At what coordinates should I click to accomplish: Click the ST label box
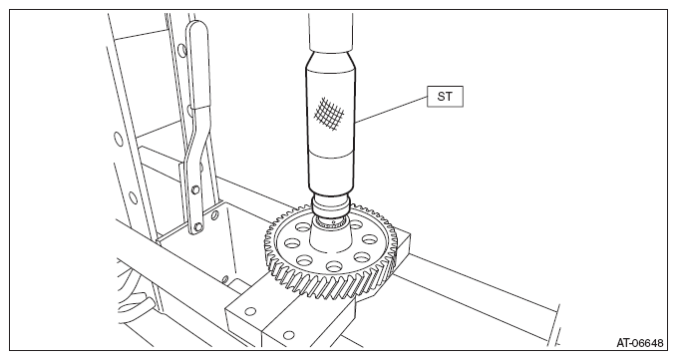[x=445, y=97]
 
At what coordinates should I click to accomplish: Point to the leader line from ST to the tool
[x=392, y=110]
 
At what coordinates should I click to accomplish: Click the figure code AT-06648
[x=639, y=343]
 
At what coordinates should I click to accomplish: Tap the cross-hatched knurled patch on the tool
[x=329, y=113]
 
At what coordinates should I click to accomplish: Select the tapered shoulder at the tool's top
[x=331, y=60]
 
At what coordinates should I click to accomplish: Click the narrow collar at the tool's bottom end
[x=330, y=206]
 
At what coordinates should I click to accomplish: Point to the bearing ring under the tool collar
[x=330, y=222]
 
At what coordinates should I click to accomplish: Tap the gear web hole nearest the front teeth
[x=334, y=266]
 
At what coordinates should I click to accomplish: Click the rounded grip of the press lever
[x=197, y=65]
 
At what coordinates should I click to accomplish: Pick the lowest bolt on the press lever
[x=197, y=226]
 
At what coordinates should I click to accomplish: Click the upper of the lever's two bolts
[x=195, y=189]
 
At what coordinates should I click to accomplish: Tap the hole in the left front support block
[x=250, y=311]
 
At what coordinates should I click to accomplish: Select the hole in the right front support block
[x=289, y=334]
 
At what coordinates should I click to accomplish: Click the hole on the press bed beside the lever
[x=214, y=214]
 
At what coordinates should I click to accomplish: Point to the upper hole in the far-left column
[x=118, y=139]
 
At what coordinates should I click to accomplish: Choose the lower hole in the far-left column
[x=133, y=197]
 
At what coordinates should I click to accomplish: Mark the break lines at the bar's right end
[x=555, y=325]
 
